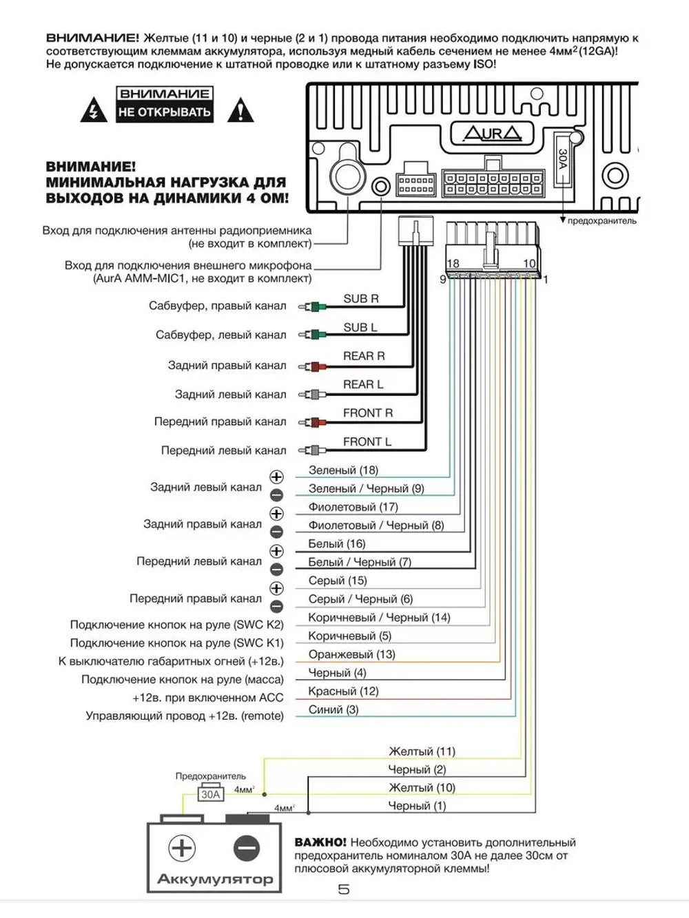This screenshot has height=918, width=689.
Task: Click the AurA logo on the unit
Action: coord(492,134)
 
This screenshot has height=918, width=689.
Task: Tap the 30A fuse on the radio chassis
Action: coord(563,160)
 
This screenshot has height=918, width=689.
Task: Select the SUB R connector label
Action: coord(361,299)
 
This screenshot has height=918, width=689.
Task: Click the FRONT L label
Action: coord(367,441)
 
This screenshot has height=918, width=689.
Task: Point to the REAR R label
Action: coord(364,356)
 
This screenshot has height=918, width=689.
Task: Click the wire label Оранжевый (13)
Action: coord(351,654)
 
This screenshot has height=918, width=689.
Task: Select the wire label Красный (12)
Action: coord(343,691)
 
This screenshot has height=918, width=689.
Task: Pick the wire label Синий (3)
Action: coord(333,709)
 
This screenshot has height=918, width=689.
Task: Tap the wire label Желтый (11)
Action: coord(422,751)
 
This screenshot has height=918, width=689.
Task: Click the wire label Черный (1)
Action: coord(417,806)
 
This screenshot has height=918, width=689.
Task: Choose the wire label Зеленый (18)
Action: coord(343,470)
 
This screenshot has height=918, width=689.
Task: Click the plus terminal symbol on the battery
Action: coord(182,848)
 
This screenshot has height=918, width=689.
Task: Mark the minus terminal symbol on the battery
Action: coord(247,848)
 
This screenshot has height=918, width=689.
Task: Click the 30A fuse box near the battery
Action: coord(210,794)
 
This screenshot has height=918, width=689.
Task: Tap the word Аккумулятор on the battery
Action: coord(215,879)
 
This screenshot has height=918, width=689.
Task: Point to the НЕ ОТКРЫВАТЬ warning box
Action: coord(164,112)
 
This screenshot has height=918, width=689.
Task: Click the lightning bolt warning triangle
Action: coord(93,110)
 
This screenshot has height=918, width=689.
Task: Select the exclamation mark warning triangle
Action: coord(240,110)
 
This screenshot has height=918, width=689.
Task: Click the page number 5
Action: coord(344,890)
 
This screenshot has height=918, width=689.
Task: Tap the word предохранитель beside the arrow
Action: coord(601,221)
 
